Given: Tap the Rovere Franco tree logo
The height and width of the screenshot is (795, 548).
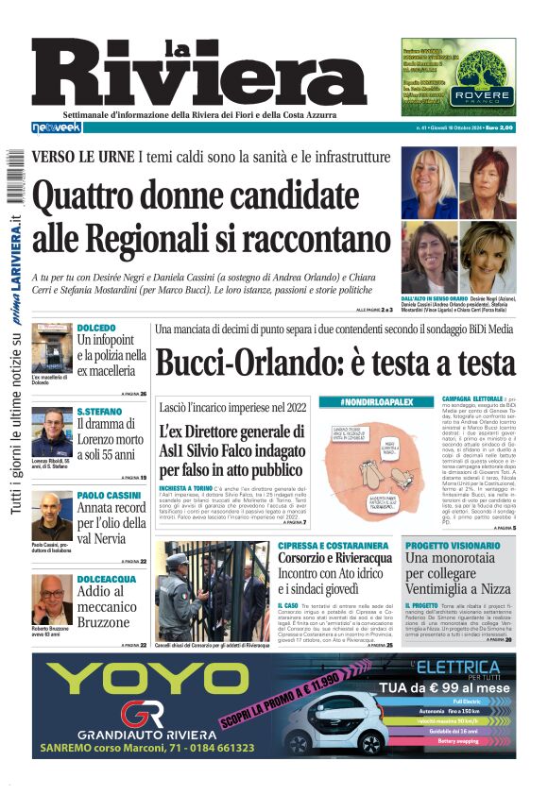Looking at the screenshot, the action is coord(482,75).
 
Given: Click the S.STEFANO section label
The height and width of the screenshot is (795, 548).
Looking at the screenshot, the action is coord(99,412).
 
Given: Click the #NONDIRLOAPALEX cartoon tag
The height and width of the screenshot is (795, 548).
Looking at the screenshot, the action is coord(376,403).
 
